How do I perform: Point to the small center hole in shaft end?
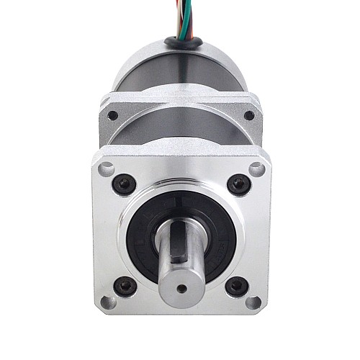click(x=181, y=287)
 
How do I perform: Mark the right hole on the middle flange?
click(x=249, y=115)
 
